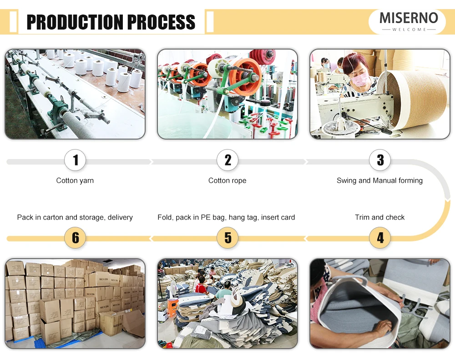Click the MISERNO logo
[409, 19]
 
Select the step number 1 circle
[76, 160]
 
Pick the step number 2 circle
[227, 160]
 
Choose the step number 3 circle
[380, 160]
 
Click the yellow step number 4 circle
[380, 238]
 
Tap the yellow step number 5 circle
[227, 238]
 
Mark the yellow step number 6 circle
[76, 238]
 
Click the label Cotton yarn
[75, 180]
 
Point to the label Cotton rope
[227, 180]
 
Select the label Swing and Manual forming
[379, 180]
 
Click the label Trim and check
[379, 217]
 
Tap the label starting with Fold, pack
[226, 217]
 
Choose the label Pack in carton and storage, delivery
[75, 217]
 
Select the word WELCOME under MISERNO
[409, 30]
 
